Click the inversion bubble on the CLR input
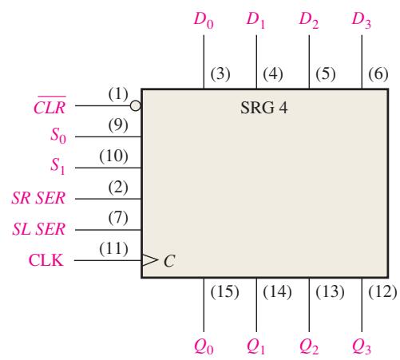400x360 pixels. pyautogui.click(x=136, y=105)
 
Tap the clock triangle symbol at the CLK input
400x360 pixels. pyautogui.click(x=150, y=260)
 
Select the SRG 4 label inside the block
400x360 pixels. pyautogui.click(x=263, y=108)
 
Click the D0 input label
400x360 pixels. pyautogui.click(x=204, y=20)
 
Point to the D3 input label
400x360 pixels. pyautogui.click(x=361, y=20)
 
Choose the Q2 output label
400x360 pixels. pyautogui.click(x=309, y=347)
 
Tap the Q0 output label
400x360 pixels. pyautogui.click(x=204, y=347)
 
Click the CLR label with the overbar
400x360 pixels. pyautogui.click(x=50, y=105)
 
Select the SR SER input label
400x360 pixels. pyautogui.click(x=38, y=198)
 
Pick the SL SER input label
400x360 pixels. pyautogui.click(x=39, y=229)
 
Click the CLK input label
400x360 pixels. pyautogui.click(x=46, y=260)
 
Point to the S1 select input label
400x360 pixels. pyautogui.click(x=57, y=166)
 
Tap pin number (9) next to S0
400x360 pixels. pyautogui.click(x=118, y=125)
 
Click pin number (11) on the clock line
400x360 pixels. pyautogui.click(x=113, y=249)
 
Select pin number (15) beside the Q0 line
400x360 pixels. pyautogui.click(x=224, y=291)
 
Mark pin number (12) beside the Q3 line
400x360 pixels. pyautogui.click(x=382, y=291)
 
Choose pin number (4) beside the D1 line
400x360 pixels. pyautogui.click(x=273, y=73)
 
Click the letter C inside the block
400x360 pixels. pyautogui.click(x=169, y=261)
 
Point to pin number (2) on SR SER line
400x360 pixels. pyautogui.click(x=118, y=187)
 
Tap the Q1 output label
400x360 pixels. pyautogui.click(x=255, y=347)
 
